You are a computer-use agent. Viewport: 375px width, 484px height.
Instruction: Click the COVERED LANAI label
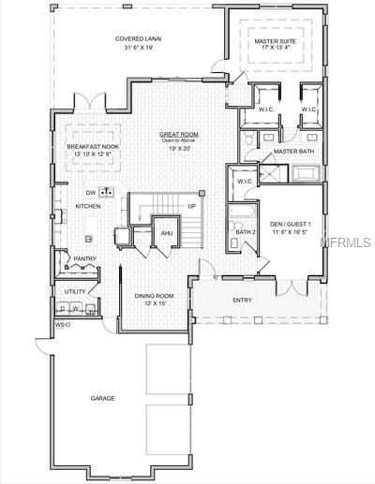(136, 39)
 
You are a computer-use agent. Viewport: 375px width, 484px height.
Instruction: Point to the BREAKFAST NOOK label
(91, 147)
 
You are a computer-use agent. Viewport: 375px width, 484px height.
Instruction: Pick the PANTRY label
(86, 258)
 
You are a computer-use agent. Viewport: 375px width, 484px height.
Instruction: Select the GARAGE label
(103, 398)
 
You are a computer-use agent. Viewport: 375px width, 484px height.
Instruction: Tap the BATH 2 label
(246, 231)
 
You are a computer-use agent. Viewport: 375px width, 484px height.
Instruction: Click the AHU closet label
(167, 233)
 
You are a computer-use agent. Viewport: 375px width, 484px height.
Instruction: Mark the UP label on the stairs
(191, 206)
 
